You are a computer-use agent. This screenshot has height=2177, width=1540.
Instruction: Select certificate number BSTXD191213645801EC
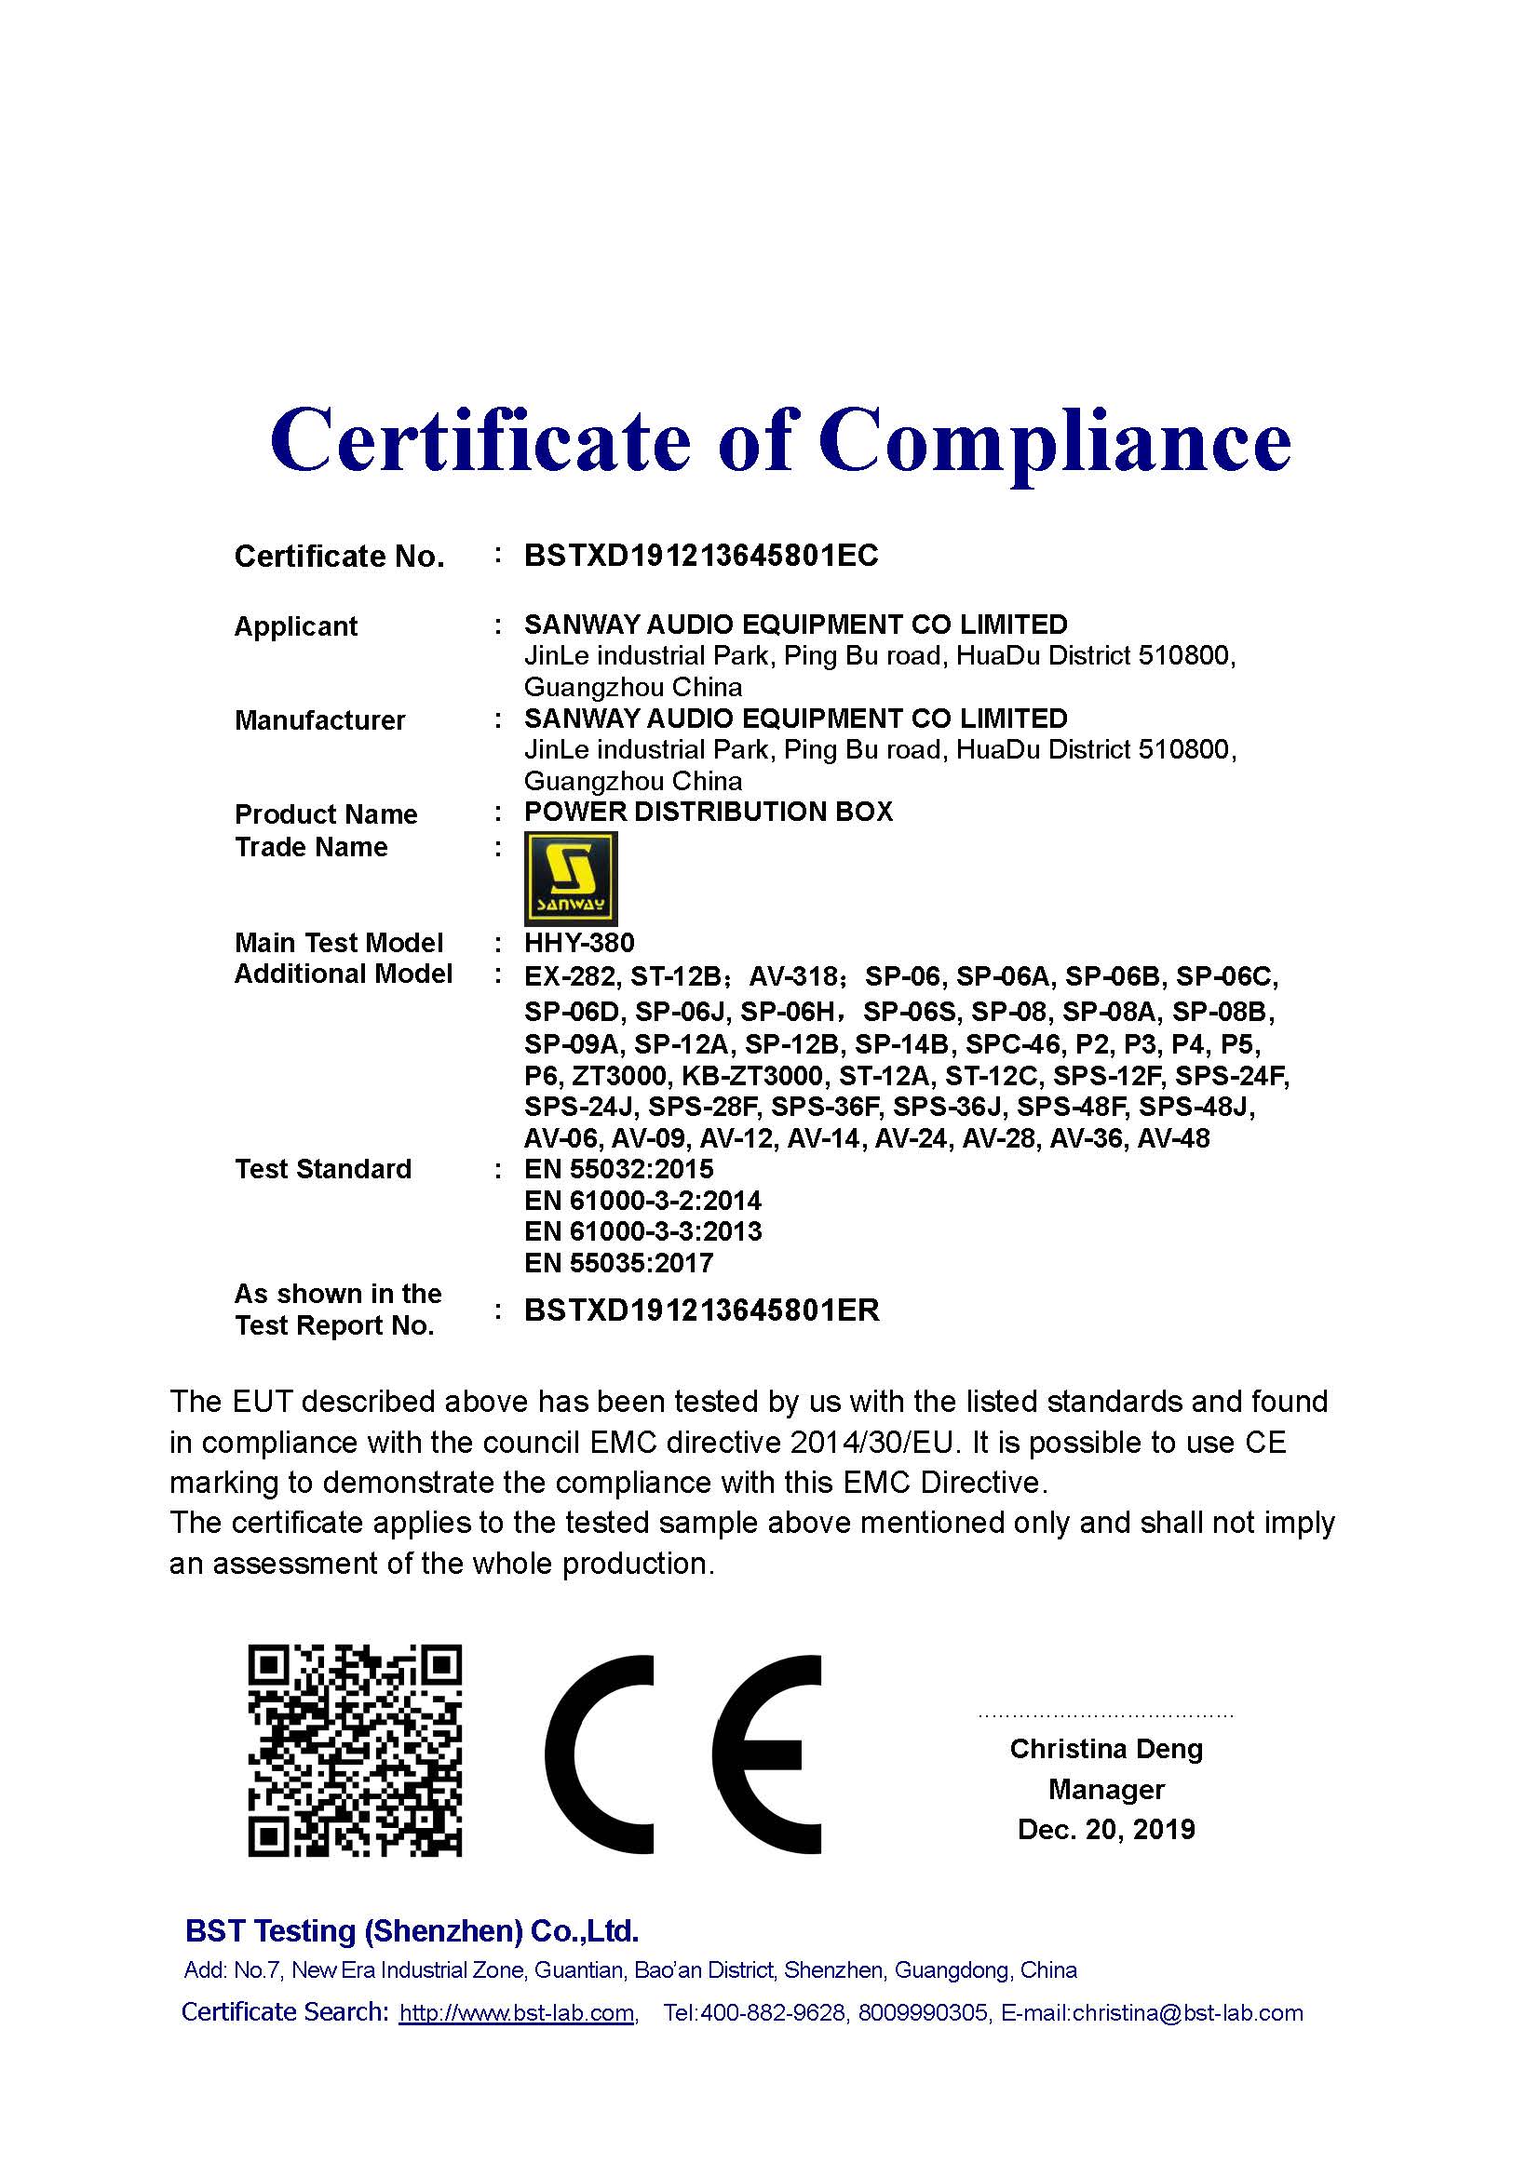701,556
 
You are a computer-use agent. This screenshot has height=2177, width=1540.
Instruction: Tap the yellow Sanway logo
571,878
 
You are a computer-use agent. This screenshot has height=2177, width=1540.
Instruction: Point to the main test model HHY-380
579,943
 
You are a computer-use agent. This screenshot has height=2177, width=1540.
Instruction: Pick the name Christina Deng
1106,1749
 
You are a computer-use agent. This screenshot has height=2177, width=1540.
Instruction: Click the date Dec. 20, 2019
1106,1829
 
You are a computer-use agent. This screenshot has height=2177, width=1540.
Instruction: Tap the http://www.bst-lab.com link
517,2012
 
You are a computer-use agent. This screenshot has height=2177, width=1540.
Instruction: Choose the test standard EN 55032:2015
618,1169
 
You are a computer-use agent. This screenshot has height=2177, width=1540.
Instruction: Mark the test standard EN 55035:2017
618,1263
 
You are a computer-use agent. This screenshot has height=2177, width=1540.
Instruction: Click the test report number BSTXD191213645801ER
702,1310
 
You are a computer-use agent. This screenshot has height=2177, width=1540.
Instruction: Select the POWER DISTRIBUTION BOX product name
709,812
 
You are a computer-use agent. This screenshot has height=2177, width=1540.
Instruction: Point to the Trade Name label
311,847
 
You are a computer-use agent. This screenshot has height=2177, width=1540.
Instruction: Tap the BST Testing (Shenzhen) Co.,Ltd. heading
412,1930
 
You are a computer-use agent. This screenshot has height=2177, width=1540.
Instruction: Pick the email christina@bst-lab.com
1187,2012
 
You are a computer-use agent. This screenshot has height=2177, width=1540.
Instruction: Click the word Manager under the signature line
1106,1789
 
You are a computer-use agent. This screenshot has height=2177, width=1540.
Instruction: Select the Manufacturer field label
319,720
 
